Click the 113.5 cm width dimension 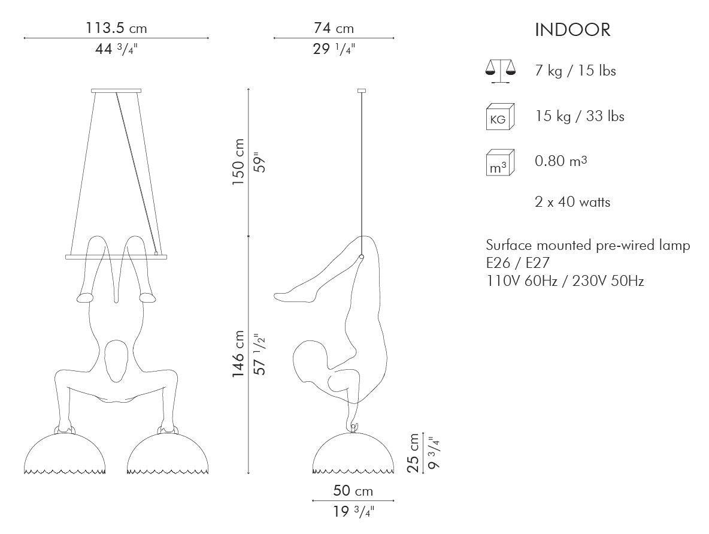116,29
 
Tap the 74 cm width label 334,29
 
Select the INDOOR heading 572,30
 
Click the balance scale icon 499,71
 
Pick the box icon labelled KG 500,117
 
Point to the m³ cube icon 500,162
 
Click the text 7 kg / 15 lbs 575,71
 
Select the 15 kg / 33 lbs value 580,116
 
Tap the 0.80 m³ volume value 561,161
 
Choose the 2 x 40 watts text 572,202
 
